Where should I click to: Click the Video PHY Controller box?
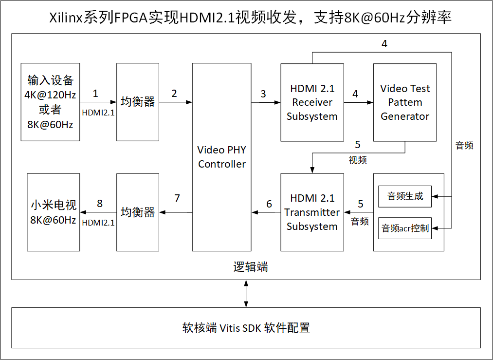click(x=222, y=157)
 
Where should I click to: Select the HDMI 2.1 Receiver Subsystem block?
click(x=312, y=102)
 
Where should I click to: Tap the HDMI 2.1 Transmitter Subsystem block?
click(x=312, y=212)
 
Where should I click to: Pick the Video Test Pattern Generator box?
click(x=405, y=102)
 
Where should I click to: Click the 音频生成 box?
click(x=405, y=196)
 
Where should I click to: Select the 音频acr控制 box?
click(x=405, y=228)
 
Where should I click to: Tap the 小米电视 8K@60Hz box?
click(x=53, y=212)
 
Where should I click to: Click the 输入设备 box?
click(x=50, y=102)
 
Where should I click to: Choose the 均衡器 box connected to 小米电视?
click(x=138, y=212)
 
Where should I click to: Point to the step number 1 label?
click(x=95, y=94)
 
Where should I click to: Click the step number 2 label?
click(x=174, y=94)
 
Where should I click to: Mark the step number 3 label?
click(x=263, y=94)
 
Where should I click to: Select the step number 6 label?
click(x=269, y=204)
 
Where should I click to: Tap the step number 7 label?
click(x=177, y=198)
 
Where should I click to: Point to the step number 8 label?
click(x=100, y=204)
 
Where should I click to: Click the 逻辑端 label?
click(x=250, y=267)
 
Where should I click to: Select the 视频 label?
click(x=358, y=160)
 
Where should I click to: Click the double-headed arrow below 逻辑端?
click(x=246, y=293)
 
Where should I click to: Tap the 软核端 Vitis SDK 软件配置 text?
click(x=246, y=327)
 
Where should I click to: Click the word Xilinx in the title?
click(x=65, y=18)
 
